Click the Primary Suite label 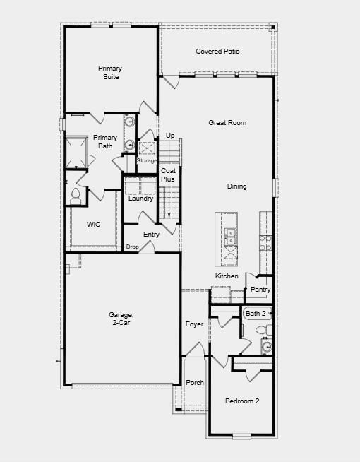coord(109,72)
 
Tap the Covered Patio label coord(217,52)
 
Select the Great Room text coord(227,123)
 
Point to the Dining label coord(236,186)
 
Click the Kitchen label coord(227,276)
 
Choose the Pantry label coord(260,290)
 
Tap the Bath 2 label coord(256,313)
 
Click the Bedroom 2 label coord(242,401)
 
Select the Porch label coord(195,383)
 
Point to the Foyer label coord(194,324)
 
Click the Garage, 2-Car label coord(119,319)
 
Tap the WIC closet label coord(94,224)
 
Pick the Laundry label coord(140,199)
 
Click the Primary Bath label coord(105,142)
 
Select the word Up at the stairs coord(170,136)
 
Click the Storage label coord(147,161)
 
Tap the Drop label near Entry coord(132,247)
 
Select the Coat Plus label coord(167,175)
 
